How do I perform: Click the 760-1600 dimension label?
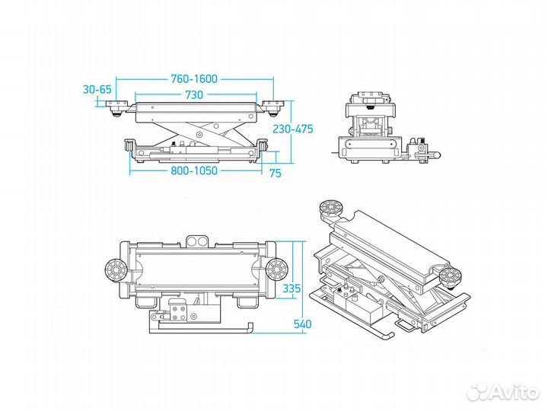[194, 78]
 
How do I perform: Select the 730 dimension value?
[193, 95]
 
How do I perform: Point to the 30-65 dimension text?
[97, 88]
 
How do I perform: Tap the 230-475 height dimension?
[293, 129]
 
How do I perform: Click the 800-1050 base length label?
[193, 170]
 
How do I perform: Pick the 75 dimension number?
[275, 173]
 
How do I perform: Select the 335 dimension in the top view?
[292, 288]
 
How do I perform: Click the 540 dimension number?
[302, 323]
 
